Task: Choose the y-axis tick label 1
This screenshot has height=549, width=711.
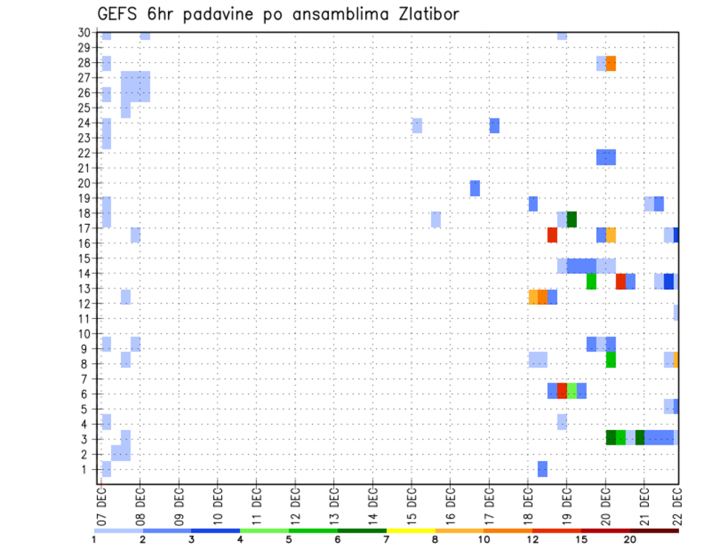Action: (87, 469)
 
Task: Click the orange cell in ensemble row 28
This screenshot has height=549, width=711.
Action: (611, 64)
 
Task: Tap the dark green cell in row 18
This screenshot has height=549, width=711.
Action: (572, 219)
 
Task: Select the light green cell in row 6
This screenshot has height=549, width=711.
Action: (572, 391)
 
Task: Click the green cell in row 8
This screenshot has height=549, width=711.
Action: (611, 360)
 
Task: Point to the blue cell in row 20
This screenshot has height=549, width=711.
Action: (475, 188)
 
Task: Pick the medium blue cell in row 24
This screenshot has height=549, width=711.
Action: (494, 126)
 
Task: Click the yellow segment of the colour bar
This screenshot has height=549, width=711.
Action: (410, 531)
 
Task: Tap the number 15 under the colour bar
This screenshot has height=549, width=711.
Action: (581, 540)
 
